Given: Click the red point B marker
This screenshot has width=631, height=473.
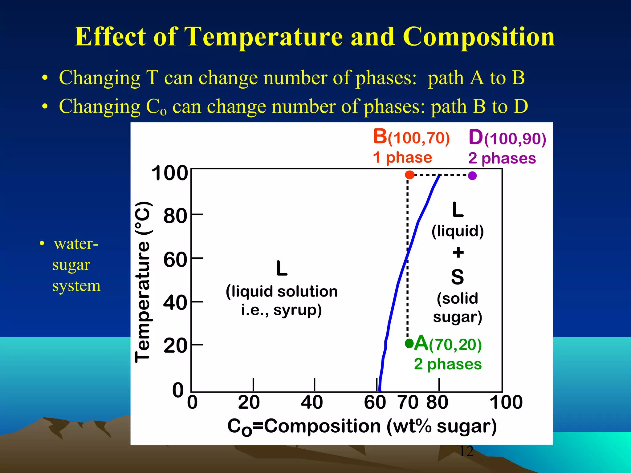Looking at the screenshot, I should coord(409,175).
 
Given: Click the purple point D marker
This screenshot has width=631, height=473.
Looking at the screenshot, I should coord(472,176).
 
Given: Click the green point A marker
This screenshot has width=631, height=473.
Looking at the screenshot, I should coord(409,343).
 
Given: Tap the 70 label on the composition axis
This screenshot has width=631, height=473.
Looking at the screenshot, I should coord(408,402).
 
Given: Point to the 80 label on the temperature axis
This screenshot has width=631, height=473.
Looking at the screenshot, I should coord(175,216).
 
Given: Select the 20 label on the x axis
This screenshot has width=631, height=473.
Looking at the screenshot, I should coord(249,402).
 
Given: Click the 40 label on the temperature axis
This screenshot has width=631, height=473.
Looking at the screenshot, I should coord(175,303).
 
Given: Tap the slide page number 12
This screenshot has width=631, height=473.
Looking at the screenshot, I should coord(466,451).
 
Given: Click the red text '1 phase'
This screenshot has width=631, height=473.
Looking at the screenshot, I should coord(402,157).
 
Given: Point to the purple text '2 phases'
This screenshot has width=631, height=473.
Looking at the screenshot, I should coord(502,158).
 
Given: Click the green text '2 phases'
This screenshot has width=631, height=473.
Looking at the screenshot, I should coord(448,364).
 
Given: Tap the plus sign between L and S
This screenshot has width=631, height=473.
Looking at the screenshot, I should coord(458,253).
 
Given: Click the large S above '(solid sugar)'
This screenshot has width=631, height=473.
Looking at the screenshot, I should coord(458,277).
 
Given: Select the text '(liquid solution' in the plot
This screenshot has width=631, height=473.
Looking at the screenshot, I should coord(282,291).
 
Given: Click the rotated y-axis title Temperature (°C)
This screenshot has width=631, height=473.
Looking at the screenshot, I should coord(143,282).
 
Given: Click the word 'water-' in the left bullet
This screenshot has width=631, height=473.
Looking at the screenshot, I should coord(76,244).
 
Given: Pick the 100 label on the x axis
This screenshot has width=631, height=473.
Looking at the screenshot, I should coord(506,402).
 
